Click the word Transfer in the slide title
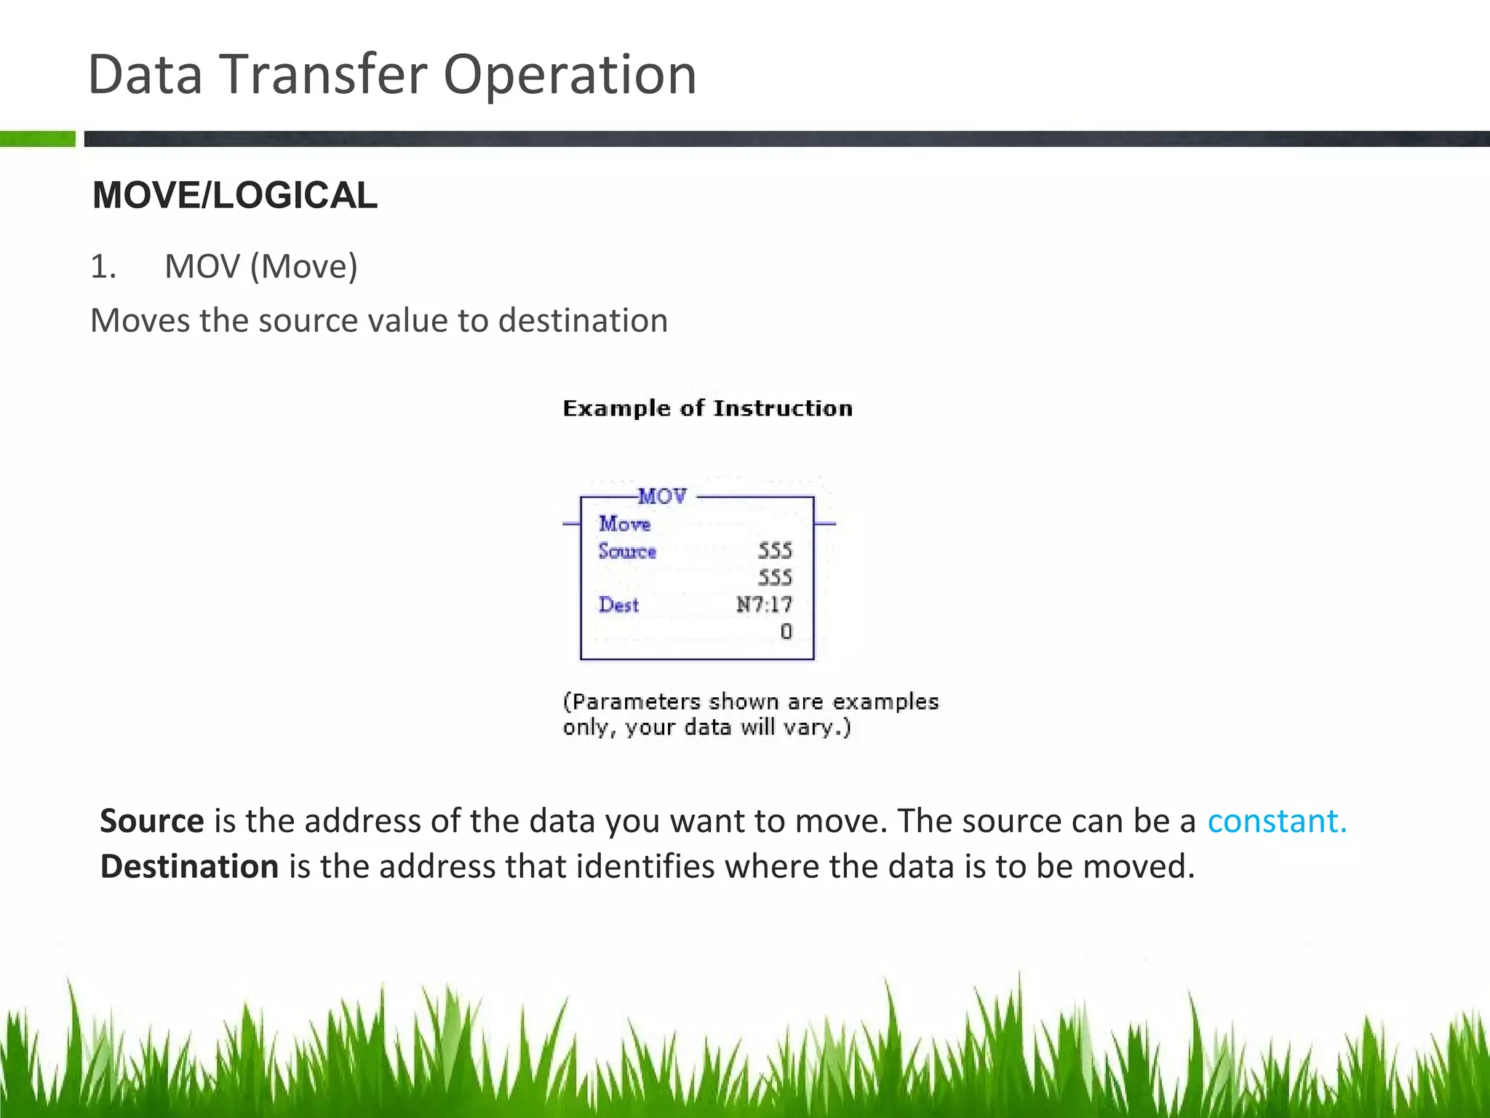pyautogui.click(x=322, y=74)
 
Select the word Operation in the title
pyautogui.click(x=570, y=76)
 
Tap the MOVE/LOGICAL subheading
pyautogui.click(x=235, y=195)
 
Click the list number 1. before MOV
pyautogui.click(x=103, y=266)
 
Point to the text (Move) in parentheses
pyautogui.click(x=304, y=266)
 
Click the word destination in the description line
pyautogui.click(x=583, y=320)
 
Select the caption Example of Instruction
pyautogui.click(x=707, y=408)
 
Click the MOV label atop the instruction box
pyautogui.click(x=662, y=496)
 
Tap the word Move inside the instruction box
pyautogui.click(x=624, y=523)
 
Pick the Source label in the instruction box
pyautogui.click(x=627, y=551)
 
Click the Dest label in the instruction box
pyautogui.click(x=618, y=605)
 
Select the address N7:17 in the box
pyautogui.click(x=764, y=605)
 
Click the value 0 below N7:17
pyautogui.click(x=786, y=632)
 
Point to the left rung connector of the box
pyautogui.click(x=571, y=523)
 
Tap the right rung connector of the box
pyautogui.click(x=825, y=523)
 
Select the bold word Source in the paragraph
pyautogui.click(x=152, y=821)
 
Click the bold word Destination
pyautogui.click(x=189, y=866)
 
